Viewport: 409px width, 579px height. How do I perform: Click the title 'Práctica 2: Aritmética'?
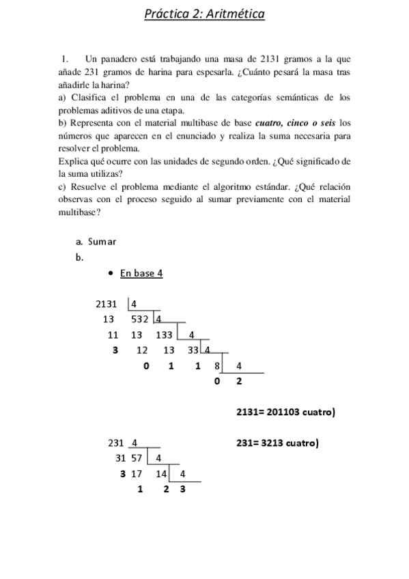204,14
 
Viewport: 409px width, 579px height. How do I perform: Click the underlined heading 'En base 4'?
141,274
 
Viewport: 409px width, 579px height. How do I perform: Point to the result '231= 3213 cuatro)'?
277,442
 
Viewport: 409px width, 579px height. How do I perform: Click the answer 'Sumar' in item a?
102,241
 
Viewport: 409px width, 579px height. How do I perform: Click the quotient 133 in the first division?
164,335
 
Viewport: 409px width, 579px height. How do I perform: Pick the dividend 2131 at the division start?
107,303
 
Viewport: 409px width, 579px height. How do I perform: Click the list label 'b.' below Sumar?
80,257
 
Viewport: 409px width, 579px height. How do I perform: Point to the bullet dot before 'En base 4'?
110,274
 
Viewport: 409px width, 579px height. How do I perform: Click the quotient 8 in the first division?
216,365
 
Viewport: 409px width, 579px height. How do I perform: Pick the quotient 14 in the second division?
161,473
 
